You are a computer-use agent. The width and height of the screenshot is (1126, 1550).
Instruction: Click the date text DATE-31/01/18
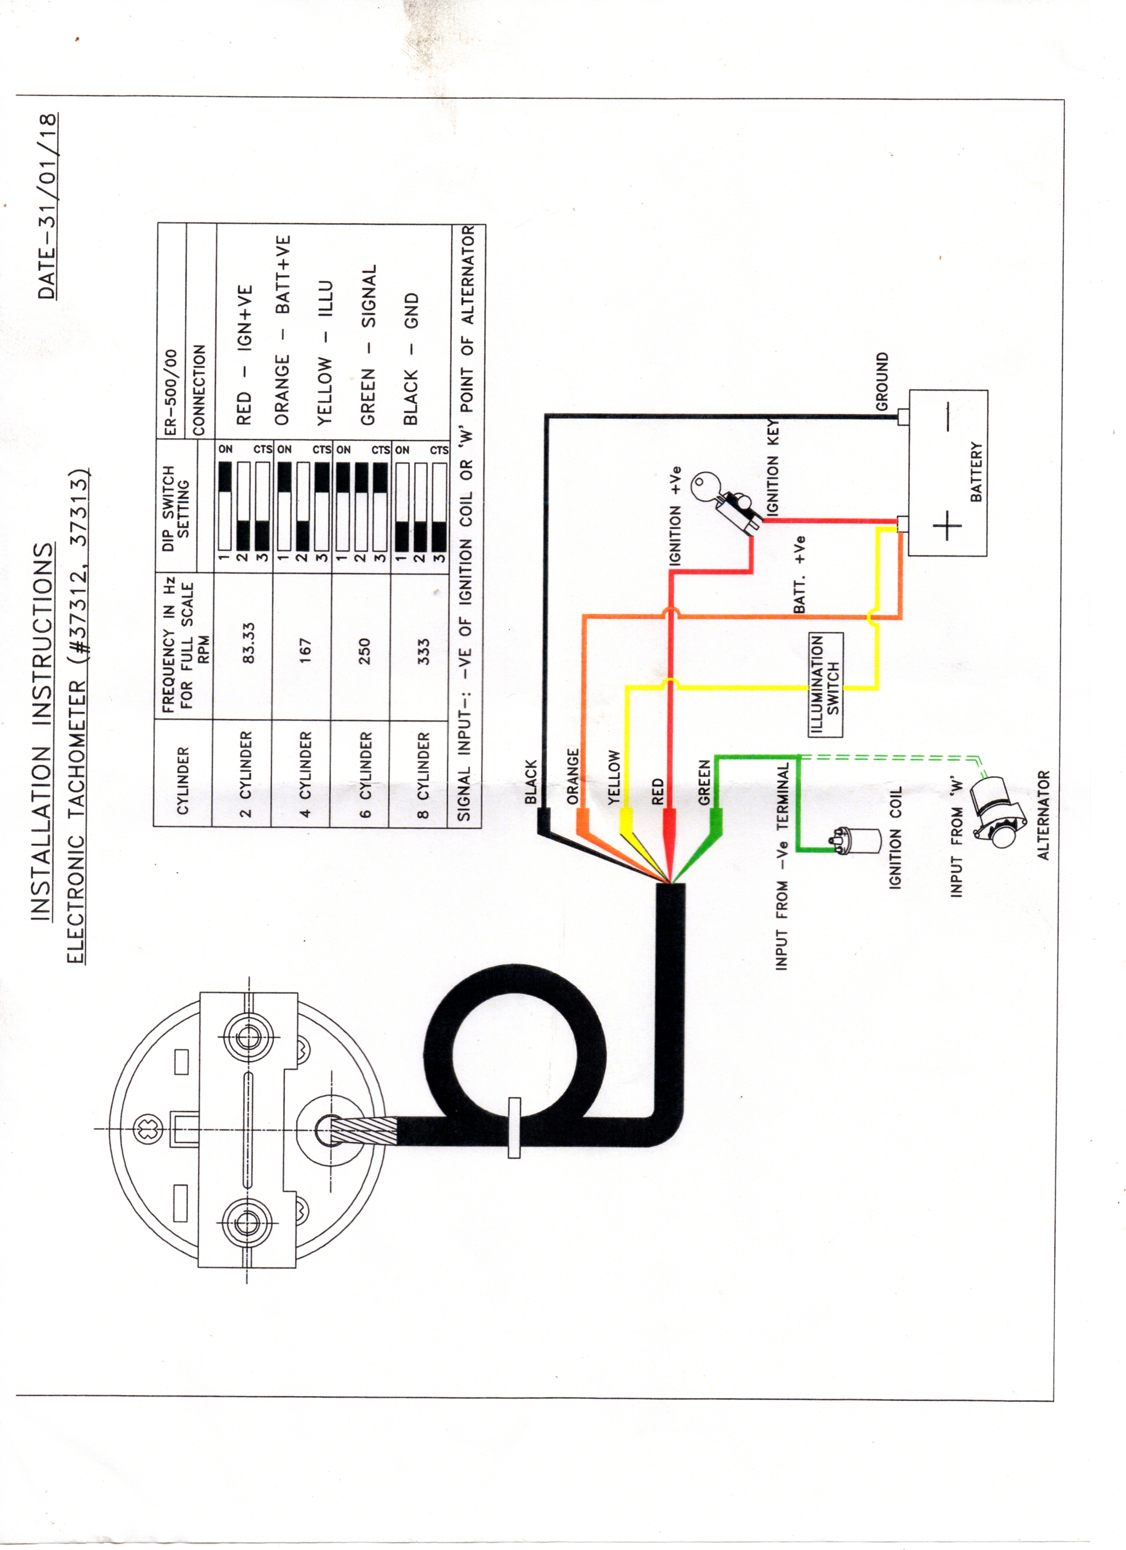[x=47, y=206]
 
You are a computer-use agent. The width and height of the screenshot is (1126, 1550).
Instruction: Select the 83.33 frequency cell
[x=249, y=642]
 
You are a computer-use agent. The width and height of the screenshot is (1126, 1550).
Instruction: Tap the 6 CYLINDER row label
[x=366, y=775]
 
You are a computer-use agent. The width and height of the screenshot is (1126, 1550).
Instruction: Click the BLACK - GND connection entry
[x=411, y=359]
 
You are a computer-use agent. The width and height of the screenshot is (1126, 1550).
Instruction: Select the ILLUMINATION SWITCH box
[x=825, y=685]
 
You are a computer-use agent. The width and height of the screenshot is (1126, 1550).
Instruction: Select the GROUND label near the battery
[x=882, y=382]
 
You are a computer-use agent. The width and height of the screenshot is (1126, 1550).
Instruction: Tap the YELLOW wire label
[x=614, y=777]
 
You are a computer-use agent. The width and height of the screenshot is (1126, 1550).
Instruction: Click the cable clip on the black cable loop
[x=514, y=1128]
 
